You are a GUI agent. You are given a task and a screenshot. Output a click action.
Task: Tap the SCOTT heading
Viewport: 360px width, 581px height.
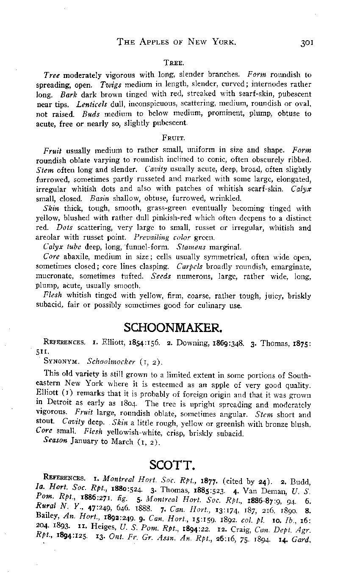tap(172, 465)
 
